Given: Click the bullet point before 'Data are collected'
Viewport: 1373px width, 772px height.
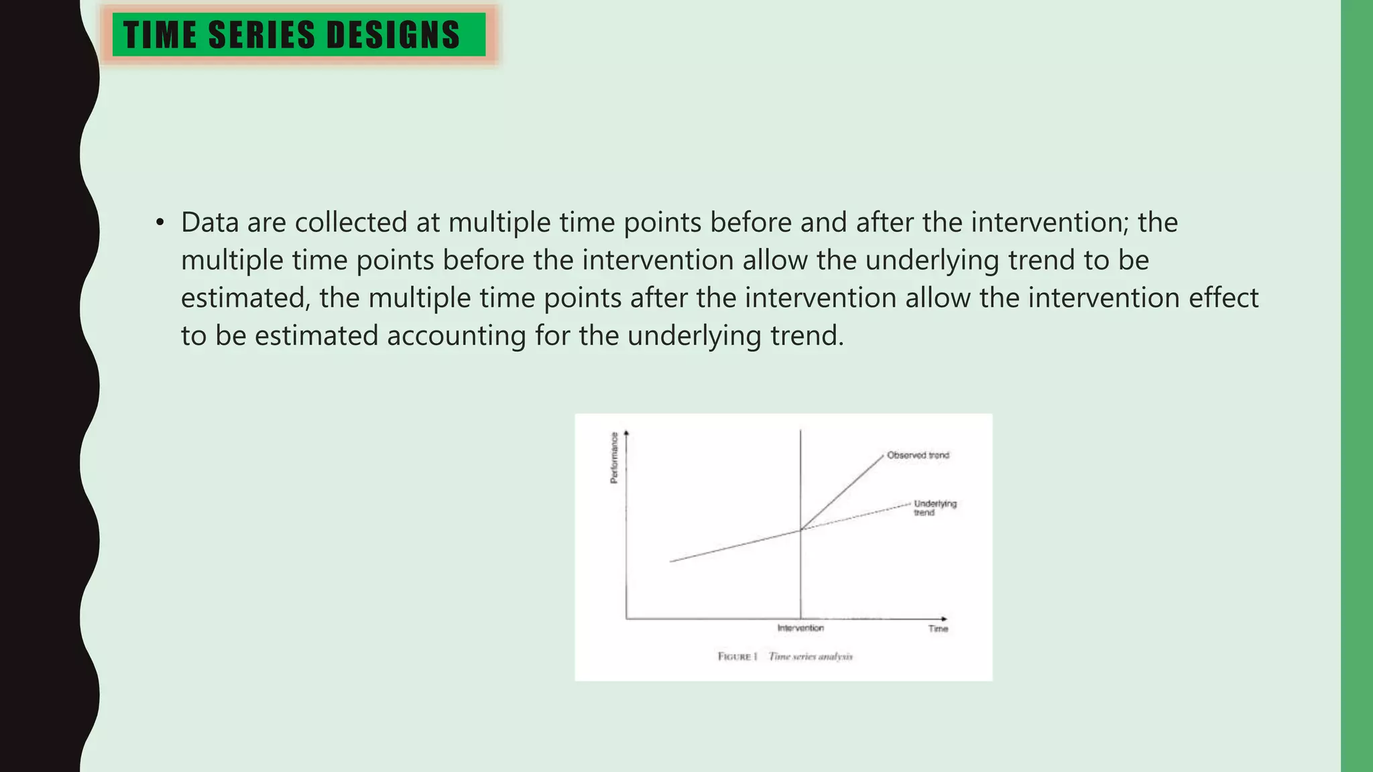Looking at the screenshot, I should tap(160, 222).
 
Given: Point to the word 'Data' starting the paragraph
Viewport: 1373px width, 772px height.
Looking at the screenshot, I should tap(209, 222).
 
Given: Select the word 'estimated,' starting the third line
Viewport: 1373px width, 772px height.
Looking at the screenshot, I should tap(245, 298).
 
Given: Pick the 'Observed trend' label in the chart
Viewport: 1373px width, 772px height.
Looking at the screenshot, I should tap(918, 455).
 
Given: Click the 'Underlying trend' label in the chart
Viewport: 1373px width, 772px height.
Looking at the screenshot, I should tap(935, 507).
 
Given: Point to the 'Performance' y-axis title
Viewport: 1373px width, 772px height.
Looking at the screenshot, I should tap(613, 458).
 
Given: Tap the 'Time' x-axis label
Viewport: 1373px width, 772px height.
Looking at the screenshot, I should tap(938, 629).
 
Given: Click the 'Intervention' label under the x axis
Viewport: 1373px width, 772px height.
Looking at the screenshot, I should tap(800, 628).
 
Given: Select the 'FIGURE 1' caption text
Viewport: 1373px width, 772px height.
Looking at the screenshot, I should tap(737, 656).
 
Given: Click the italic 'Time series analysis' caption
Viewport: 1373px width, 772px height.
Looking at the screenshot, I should tap(811, 656).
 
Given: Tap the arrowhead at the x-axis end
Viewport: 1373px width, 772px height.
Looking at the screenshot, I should tap(944, 619).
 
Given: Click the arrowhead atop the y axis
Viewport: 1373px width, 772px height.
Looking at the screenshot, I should tap(626, 434).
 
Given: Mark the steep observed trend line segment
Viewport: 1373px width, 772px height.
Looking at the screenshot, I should tap(843, 492).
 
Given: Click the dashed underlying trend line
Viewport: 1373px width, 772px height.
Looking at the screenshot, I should tap(858, 516).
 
